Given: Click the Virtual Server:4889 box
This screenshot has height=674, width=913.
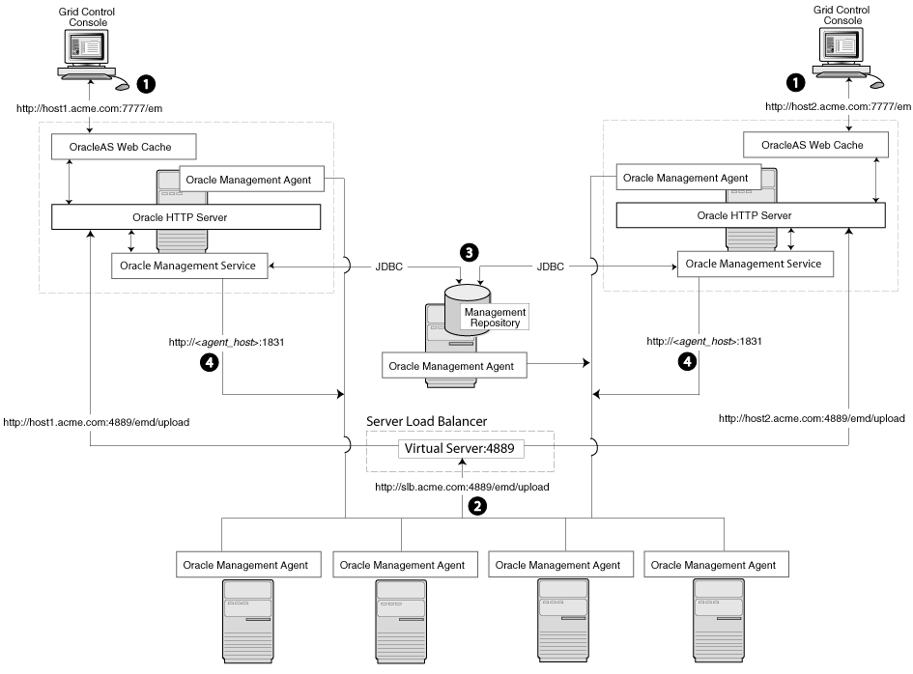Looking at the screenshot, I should pyautogui.click(x=464, y=447).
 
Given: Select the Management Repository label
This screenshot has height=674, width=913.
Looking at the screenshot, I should pyautogui.click(x=495, y=318).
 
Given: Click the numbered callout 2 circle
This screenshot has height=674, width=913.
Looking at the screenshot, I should pyautogui.click(x=475, y=504).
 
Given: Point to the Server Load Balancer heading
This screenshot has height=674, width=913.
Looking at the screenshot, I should pyautogui.click(x=426, y=421).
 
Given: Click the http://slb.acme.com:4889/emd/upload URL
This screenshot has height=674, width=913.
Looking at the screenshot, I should pyautogui.click(x=463, y=487).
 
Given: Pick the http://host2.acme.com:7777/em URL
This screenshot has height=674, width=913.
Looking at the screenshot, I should pyautogui.click(x=838, y=107).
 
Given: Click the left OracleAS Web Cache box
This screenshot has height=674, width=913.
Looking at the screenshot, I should pyautogui.click(x=123, y=146).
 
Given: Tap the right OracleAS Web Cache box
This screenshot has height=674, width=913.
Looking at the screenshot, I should pyautogui.click(x=815, y=146).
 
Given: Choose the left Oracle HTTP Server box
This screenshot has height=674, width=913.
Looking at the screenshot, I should pyautogui.click(x=185, y=216).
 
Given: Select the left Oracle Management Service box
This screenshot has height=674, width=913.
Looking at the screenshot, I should pyautogui.click(x=188, y=266).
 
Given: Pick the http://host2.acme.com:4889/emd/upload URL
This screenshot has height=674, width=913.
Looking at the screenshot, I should pyautogui.click(x=812, y=418).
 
